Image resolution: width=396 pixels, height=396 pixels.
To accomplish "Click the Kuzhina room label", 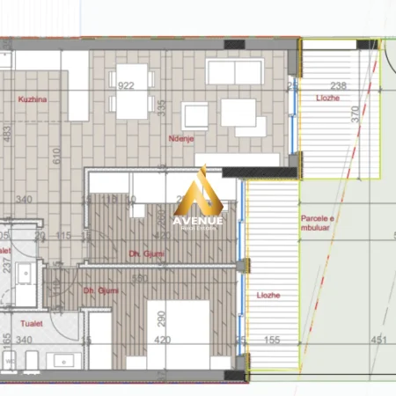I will pos(31,100).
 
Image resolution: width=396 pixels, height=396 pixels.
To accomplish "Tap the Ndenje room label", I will pos(181,138).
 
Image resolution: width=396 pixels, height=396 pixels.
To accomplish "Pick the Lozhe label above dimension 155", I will pos(268,296).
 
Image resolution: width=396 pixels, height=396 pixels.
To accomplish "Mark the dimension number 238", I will pos(338,85).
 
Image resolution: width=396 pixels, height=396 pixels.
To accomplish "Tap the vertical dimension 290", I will pos(162,317).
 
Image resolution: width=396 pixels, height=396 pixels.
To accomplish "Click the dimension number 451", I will pos(378,339).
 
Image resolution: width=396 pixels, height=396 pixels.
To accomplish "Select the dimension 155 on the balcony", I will pos(271,339).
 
